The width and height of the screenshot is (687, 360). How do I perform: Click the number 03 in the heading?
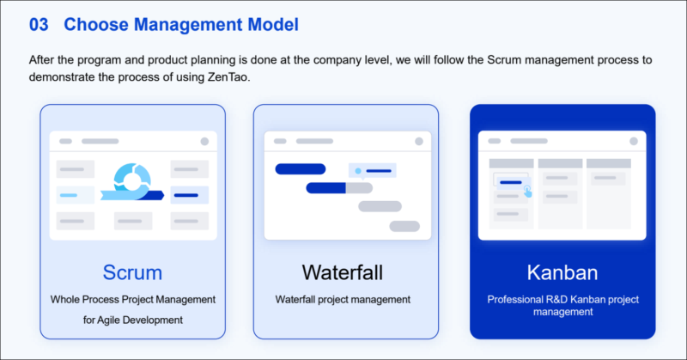point(39,25)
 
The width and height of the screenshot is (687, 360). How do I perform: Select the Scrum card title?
point(132,273)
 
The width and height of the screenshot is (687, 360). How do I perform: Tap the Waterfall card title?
point(342,273)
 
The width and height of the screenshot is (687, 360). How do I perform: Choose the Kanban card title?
point(562,273)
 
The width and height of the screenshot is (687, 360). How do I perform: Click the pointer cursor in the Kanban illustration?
point(527,192)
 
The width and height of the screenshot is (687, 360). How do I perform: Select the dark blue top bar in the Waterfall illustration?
point(300,169)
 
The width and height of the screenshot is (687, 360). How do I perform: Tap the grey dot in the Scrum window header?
point(204,141)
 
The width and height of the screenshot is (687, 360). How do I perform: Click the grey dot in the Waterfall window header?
point(418,141)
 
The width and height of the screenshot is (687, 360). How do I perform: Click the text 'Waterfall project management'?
point(343,300)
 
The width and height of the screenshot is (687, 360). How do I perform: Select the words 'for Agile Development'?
point(132,320)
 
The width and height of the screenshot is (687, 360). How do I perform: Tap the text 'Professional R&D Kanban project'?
point(562,300)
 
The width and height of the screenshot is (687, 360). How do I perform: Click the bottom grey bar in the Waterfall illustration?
point(404,226)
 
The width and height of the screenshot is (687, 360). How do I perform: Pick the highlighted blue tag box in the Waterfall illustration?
point(373,171)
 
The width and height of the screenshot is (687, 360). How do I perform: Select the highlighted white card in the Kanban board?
point(510,182)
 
